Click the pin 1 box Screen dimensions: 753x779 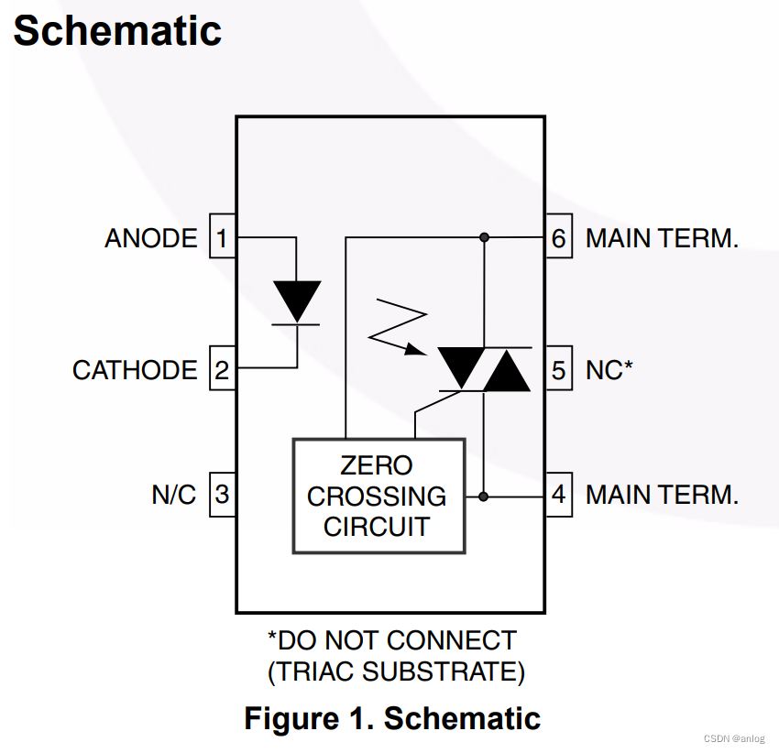222,238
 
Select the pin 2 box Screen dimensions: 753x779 222,369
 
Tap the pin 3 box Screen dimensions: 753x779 222,495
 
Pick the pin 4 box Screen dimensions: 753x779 559,495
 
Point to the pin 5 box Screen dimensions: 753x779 559,369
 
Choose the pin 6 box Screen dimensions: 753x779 559,238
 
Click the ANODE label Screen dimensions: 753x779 151,238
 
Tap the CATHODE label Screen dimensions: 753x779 135,370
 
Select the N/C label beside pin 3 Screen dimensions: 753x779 174,495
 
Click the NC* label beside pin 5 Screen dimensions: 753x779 609,370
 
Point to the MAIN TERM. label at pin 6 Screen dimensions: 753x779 662,238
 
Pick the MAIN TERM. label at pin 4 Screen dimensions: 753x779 662,495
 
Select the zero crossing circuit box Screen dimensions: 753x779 378,496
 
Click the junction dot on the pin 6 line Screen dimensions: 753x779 484,237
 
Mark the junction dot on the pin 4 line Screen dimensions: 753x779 484,497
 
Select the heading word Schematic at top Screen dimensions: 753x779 117,31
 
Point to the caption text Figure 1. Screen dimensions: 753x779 308,718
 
